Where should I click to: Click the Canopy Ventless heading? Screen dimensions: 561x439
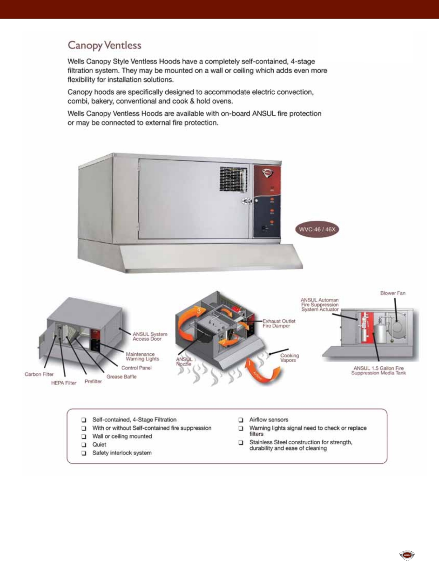coord(104,46)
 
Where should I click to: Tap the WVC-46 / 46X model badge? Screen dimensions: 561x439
coord(317,229)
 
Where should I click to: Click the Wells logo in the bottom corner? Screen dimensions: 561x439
coord(407,555)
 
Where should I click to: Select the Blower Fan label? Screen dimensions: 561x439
coord(393,293)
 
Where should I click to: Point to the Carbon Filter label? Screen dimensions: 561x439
coord(39,374)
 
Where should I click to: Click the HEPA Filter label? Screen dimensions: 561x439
coord(64,383)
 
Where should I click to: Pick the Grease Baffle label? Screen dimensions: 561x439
coord(122,377)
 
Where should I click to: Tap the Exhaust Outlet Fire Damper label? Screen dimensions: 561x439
coord(279,323)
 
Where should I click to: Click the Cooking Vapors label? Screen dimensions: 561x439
coord(289,358)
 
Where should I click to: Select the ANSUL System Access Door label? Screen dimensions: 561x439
coord(150,336)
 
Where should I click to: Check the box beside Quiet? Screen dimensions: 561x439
coord(84,445)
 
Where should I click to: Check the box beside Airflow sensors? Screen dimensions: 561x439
coord(241,420)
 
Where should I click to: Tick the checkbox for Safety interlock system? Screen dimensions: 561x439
coord(84,453)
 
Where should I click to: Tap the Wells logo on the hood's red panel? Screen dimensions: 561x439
coord(267,173)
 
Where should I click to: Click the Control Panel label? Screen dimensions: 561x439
coord(136,368)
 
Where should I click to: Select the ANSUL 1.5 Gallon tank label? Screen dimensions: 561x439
coord(378,371)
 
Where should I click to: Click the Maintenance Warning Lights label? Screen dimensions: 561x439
coord(142,357)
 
